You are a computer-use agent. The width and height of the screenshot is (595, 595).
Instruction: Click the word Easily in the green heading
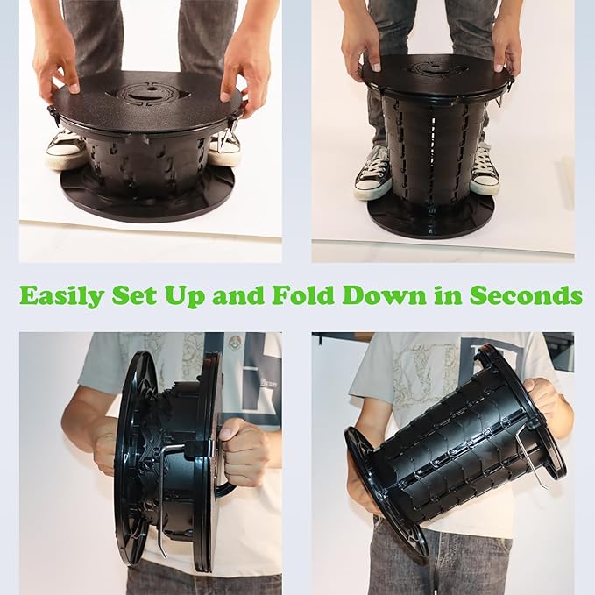coord(61,296)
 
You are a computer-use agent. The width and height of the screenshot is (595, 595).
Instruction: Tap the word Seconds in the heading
coord(526,295)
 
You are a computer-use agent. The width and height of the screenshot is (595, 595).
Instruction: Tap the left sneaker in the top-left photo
coord(65,149)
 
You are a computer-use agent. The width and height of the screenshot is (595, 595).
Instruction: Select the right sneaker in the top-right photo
coord(485,171)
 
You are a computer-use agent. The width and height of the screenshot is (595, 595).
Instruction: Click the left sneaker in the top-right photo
coord(372,175)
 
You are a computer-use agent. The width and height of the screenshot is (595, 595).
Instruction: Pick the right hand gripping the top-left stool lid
coord(243,72)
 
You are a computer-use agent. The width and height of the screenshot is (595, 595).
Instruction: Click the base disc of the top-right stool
coord(430,218)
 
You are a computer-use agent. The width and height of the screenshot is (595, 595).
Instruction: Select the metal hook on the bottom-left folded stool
coord(162,501)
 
